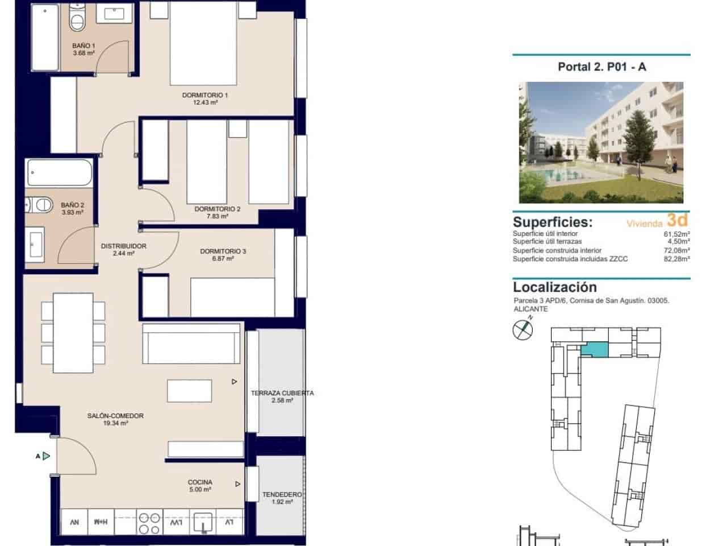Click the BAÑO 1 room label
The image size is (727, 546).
[x=83, y=45]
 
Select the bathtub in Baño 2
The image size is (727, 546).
[x=60, y=173]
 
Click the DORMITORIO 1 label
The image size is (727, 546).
[x=204, y=95]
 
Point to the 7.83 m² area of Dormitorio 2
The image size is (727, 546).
[x=217, y=217]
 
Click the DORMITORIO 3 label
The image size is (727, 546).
[x=223, y=251]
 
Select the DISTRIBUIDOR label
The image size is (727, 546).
[x=123, y=246]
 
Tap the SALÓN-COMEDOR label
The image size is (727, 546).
[x=115, y=416]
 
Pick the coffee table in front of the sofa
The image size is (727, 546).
[x=190, y=391]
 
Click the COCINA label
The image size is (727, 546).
[x=200, y=482]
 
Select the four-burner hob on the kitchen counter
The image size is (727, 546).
[x=149, y=523]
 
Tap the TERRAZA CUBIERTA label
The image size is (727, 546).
[x=282, y=393]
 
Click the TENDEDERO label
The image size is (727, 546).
[x=282, y=495]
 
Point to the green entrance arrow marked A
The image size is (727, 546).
[x=46, y=456]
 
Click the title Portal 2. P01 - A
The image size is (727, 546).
[x=601, y=67]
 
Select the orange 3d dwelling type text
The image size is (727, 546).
[x=678, y=220]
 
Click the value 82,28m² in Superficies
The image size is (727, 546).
[x=676, y=259]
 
